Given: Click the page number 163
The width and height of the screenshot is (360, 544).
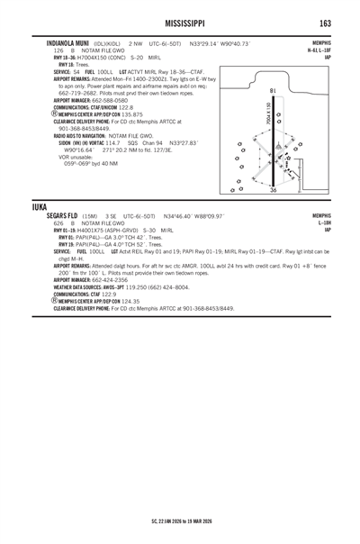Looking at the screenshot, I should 324,22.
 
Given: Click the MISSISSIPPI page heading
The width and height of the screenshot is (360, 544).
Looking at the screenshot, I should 180,22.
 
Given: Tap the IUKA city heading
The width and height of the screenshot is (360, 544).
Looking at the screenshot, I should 39,206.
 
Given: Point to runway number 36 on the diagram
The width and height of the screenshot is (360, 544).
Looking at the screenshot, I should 274,190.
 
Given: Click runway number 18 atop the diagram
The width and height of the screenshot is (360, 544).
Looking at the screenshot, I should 272,91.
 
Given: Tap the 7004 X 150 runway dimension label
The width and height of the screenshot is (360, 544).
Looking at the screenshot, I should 266,116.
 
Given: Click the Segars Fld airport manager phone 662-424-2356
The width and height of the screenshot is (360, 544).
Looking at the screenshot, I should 103,279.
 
